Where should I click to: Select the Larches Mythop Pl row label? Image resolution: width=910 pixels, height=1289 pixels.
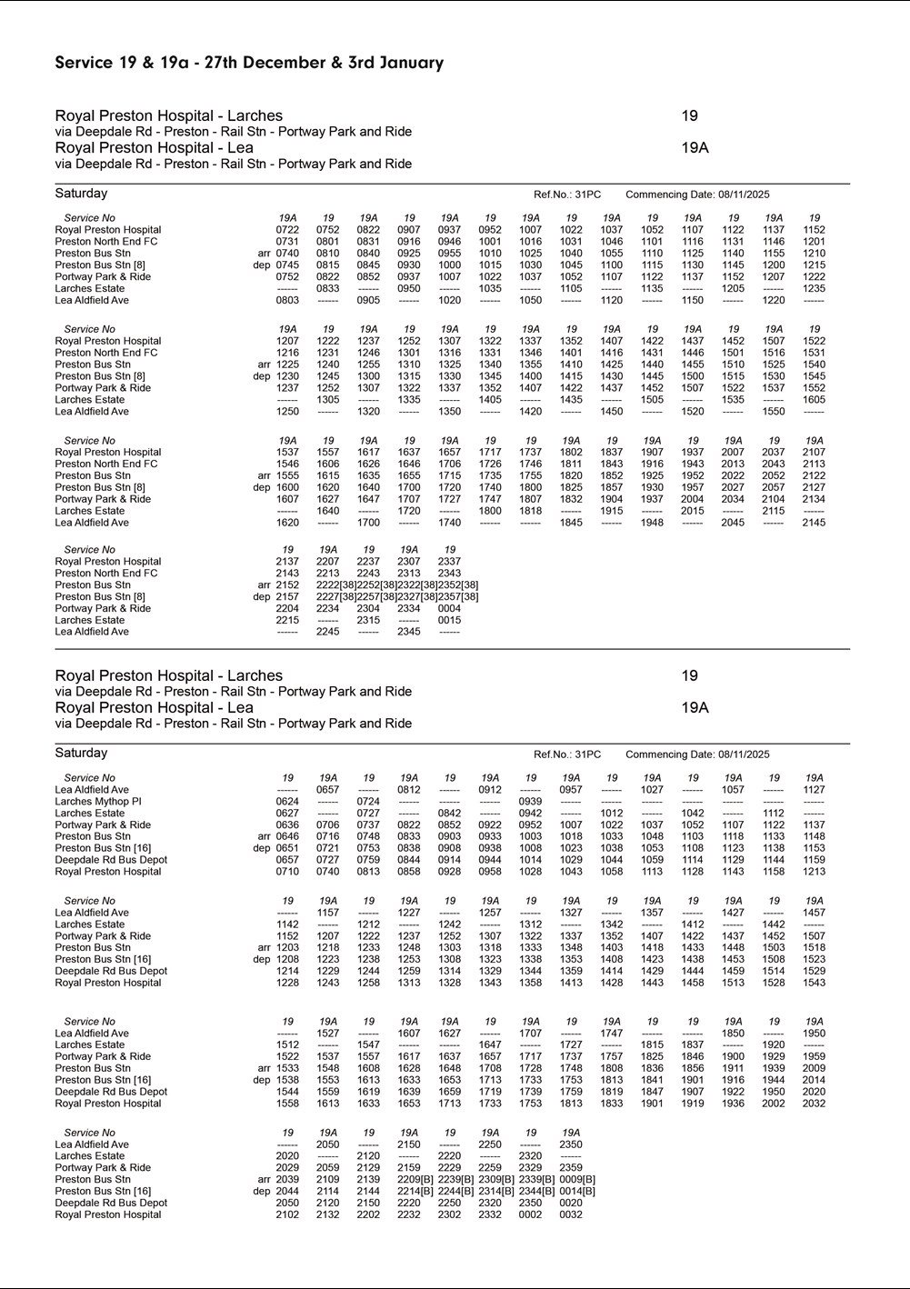(98, 802)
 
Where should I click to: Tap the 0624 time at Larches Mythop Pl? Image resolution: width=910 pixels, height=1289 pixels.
(287, 802)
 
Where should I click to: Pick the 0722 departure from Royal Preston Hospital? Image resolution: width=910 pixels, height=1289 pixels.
(287, 230)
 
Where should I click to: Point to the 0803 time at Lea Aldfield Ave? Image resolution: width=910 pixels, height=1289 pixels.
(287, 300)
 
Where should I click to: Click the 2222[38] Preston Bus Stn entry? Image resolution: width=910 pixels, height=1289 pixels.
(335, 585)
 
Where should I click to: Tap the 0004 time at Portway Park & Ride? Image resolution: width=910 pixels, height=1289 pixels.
(449, 609)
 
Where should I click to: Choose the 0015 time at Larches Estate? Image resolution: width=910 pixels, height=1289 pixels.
(449, 620)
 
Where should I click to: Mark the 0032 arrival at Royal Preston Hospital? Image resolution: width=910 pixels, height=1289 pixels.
(571, 1214)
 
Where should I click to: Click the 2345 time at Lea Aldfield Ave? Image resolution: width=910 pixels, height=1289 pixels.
(409, 632)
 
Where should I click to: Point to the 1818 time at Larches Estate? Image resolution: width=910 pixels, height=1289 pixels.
(531, 511)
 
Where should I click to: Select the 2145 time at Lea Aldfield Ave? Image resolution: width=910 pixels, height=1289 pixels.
(814, 523)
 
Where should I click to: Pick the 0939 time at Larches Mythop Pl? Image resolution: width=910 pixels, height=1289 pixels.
(531, 802)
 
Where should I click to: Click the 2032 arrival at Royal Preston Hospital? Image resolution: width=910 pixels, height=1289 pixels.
(814, 1104)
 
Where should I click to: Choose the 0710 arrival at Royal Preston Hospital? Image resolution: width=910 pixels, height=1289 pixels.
(287, 872)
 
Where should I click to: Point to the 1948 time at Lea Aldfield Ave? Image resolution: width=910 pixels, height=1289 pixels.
(652, 523)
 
